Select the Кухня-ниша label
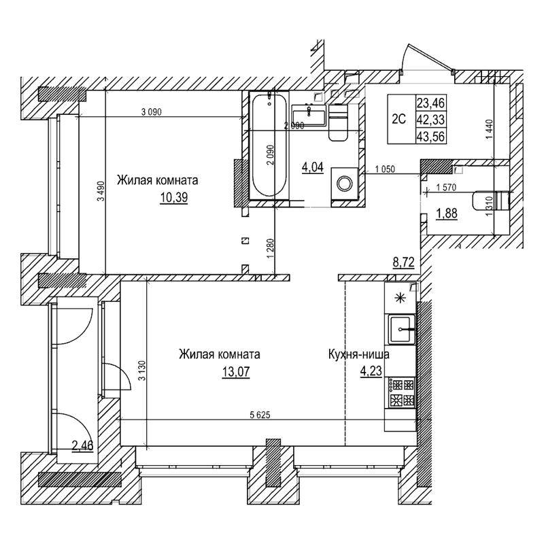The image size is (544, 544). pyautogui.click(x=358, y=354)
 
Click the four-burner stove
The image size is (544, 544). pyautogui.click(x=401, y=392)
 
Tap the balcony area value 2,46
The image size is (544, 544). pyautogui.click(x=83, y=446)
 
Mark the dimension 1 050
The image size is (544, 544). pyautogui.click(x=384, y=170)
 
